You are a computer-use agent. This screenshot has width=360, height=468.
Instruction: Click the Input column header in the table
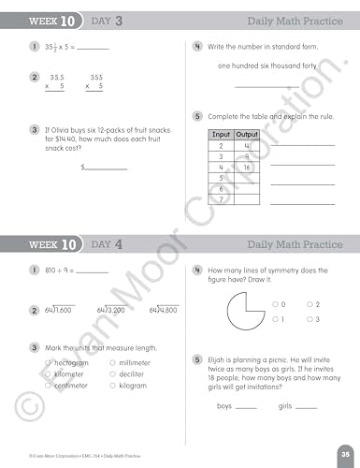[221, 135]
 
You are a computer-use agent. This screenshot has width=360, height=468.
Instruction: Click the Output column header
[247, 135]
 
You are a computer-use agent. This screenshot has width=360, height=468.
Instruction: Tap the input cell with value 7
[221, 198]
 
